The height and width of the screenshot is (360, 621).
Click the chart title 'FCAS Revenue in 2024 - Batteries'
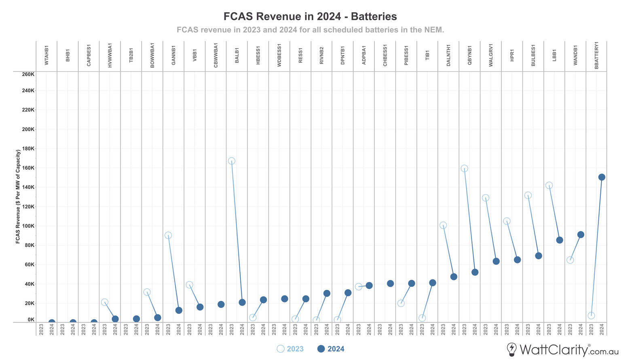pyautogui.click(x=310, y=17)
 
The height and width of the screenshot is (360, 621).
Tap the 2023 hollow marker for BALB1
pyautogui.click(x=232, y=161)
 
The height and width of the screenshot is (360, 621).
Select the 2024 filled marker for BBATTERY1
pyautogui.click(x=602, y=177)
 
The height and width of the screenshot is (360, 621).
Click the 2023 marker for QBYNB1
pyautogui.click(x=465, y=168)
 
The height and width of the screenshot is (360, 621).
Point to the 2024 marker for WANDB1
pyautogui.click(x=581, y=235)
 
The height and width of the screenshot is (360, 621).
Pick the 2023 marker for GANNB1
pyautogui.click(x=168, y=235)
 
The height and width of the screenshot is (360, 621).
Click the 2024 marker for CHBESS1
pyautogui.click(x=390, y=284)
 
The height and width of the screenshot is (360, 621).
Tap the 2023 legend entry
pyautogui.click(x=290, y=349)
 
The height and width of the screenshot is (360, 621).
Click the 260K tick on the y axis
pyautogui.click(x=28, y=74)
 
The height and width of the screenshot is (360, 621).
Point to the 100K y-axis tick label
pyautogui.click(x=28, y=226)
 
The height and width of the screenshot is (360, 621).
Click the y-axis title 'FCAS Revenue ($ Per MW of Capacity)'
pyautogui.click(x=18, y=197)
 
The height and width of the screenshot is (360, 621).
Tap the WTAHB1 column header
pyautogui.click(x=46, y=55)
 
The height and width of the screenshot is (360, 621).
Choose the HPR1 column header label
pyautogui.click(x=512, y=55)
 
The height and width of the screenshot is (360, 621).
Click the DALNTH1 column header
pyautogui.click(x=449, y=55)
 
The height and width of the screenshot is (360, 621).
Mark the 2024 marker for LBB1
pyautogui.click(x=560, y=240)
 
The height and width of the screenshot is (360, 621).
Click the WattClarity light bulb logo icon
pyautogui.click(x=512, y=349)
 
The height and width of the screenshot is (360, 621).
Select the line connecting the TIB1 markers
pyautogui.click(x=427, y=301)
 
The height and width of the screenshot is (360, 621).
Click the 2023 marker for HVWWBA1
pyautogui.click(x=105, y=302)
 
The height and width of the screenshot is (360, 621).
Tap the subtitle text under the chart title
pyautogui.click(x=310, y=30)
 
